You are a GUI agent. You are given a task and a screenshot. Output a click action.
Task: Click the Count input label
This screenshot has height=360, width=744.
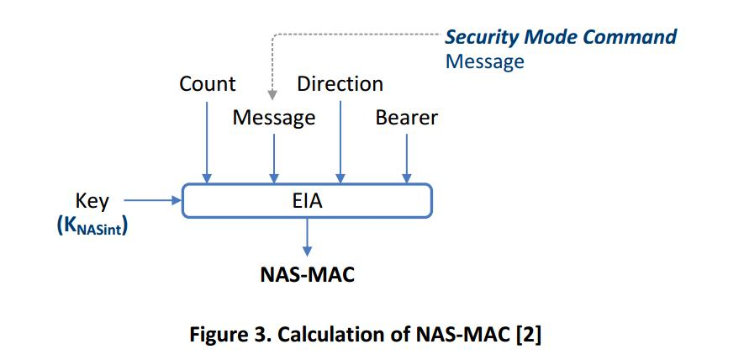click(208, 84)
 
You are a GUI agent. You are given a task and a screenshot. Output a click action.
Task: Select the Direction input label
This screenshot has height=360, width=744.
click(340, 84)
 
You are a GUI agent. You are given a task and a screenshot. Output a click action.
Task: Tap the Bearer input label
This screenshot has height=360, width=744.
click(406, 118)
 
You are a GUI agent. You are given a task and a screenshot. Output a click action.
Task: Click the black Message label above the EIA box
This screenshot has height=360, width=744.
click(274, 118)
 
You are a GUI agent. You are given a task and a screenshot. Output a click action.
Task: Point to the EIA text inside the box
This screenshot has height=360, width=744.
click(307, 201)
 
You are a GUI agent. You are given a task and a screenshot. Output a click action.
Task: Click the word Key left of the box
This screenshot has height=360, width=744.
click(92, 200)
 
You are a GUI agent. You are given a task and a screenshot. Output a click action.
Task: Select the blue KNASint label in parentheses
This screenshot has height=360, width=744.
click(92, 226)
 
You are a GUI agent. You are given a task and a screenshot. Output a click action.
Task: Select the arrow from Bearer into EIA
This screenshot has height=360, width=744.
click(407, 156)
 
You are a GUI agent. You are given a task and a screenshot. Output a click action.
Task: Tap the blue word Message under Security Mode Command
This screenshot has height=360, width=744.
click(484, 61)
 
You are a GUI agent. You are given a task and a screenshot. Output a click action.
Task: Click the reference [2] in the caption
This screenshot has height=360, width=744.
click(527, 334)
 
